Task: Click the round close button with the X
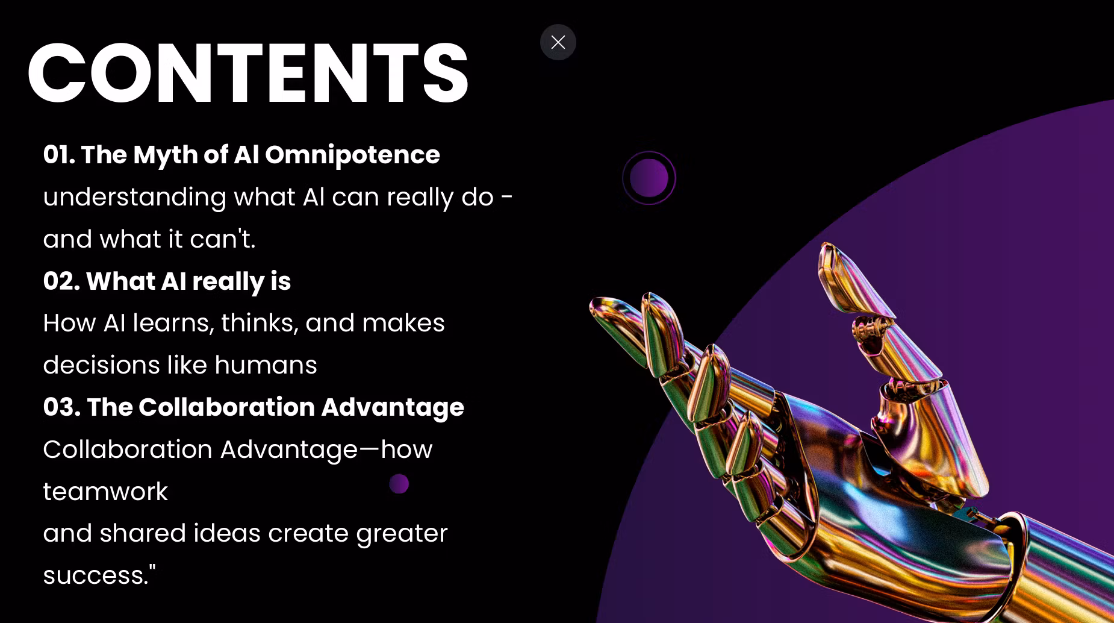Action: click(558, 42)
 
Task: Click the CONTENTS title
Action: click(247, 74)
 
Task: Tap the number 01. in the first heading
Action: click(59, 155)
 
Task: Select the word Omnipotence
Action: click(352, 155)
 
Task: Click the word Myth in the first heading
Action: click(166, 155)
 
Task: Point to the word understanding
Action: click(134, 198)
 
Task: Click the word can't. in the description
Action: click(223, 239)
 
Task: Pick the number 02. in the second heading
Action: click(61, 281)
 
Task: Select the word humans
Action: click(266, 365)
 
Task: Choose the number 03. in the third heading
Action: click(62, 407)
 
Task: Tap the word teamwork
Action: click(105, 492)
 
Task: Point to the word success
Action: click(96, 575)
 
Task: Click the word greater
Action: click(402, 534)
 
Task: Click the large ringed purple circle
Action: click(649, 178)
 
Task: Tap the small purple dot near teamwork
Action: click(399, 483)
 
